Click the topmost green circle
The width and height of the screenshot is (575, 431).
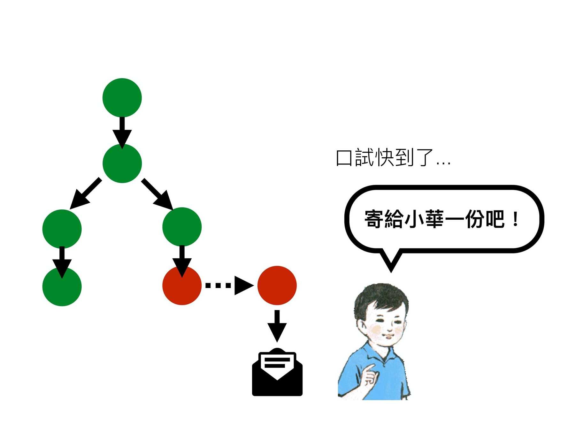(122, 98)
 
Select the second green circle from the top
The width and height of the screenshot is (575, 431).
(122, 163)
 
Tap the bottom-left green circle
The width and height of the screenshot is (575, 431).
(62, 286)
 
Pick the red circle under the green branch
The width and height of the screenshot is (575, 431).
(182, 285)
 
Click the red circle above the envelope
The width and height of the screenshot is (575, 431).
(277, 285)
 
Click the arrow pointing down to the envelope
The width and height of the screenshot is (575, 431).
(277, 326)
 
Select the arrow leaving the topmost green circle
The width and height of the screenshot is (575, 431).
(122, 132)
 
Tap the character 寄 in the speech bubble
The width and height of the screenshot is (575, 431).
(374, 219)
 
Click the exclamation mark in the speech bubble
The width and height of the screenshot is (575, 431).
(515, 219)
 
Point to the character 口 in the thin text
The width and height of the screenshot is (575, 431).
(344, 158)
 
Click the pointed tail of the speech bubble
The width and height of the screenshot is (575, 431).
(391, 263)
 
